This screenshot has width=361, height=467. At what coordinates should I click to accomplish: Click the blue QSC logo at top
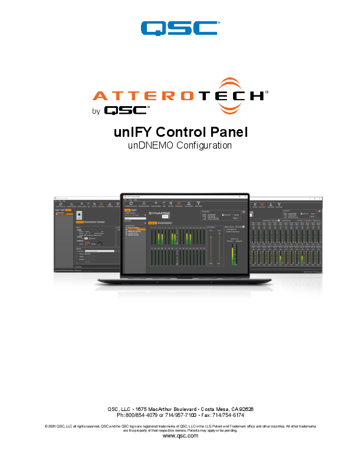[x=179, y=28]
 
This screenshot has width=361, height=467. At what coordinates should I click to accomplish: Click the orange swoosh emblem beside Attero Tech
[x=238, y=95]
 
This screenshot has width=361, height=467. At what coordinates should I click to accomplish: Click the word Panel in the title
[x=226, y=132]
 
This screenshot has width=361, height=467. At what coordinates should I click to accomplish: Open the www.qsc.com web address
[x=180, y=436]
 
